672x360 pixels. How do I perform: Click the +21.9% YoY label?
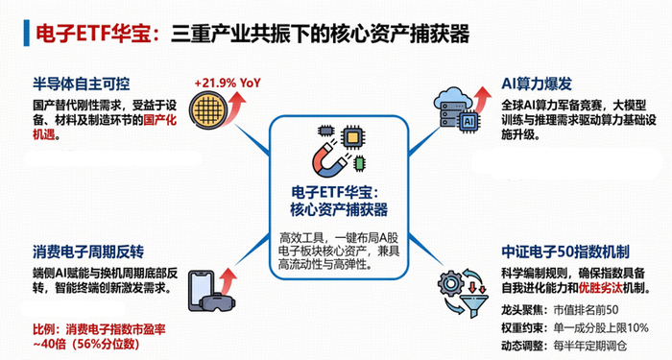point(228,83)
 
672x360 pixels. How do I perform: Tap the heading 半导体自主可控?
point(81,84)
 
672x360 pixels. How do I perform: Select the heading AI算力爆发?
point(537,84)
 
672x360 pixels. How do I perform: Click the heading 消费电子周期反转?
point(88,252)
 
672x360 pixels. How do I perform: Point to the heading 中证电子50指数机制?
point(565,252)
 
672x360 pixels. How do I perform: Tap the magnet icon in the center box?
point(330,159)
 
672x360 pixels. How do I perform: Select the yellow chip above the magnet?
point(351,137)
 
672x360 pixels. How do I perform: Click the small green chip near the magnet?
point(360,163)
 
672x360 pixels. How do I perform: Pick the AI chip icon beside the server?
point(468,122)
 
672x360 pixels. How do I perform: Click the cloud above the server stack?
point(452,98)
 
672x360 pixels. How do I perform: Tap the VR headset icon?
point(218,301)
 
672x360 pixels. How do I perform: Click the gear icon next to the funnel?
point(449,284)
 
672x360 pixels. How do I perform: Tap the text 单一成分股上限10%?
point(601,328)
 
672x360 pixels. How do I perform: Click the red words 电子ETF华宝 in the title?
point(94,34)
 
